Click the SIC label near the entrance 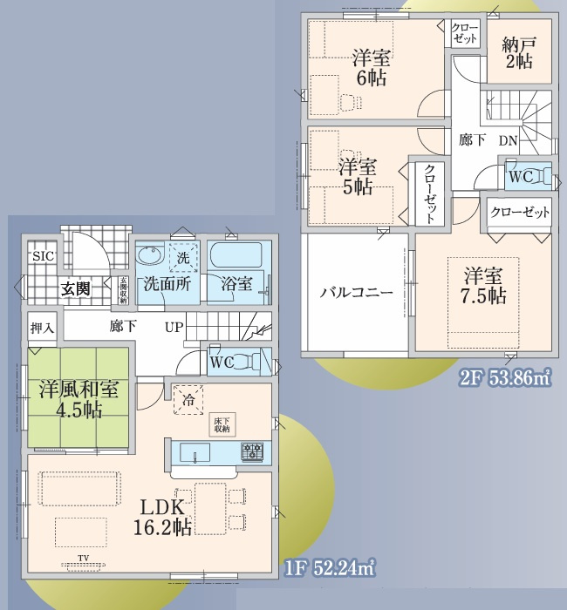(42, 257)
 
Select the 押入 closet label (43, 328)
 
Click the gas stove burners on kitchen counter (253, 451)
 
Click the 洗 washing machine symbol (183, 259)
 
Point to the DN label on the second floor (507, 140)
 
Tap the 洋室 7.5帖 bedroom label (484, 287)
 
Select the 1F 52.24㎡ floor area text (330, 568)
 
